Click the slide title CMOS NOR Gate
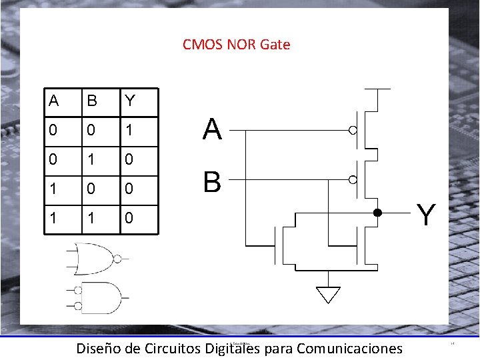(236, 45)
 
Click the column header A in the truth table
(54, 101)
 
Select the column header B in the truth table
(92, 101)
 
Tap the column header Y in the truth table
(129, 101)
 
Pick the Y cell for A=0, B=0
(129, 131)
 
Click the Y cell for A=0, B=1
(129, 160)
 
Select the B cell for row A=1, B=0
(92, 189)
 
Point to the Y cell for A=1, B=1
(129, 218)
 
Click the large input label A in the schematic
(212, 130)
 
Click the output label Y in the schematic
(427, 215)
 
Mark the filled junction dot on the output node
(377, 213)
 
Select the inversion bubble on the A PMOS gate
(353, 131)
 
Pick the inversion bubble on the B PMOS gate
(353, 180)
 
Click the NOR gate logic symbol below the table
(95, 259)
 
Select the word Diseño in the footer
(99, 348)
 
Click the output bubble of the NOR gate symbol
(117, 259)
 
